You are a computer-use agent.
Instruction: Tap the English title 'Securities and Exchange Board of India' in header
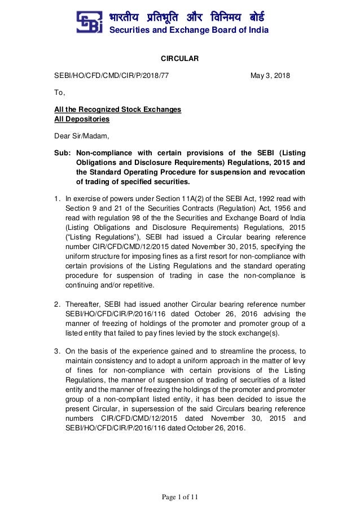188,30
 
